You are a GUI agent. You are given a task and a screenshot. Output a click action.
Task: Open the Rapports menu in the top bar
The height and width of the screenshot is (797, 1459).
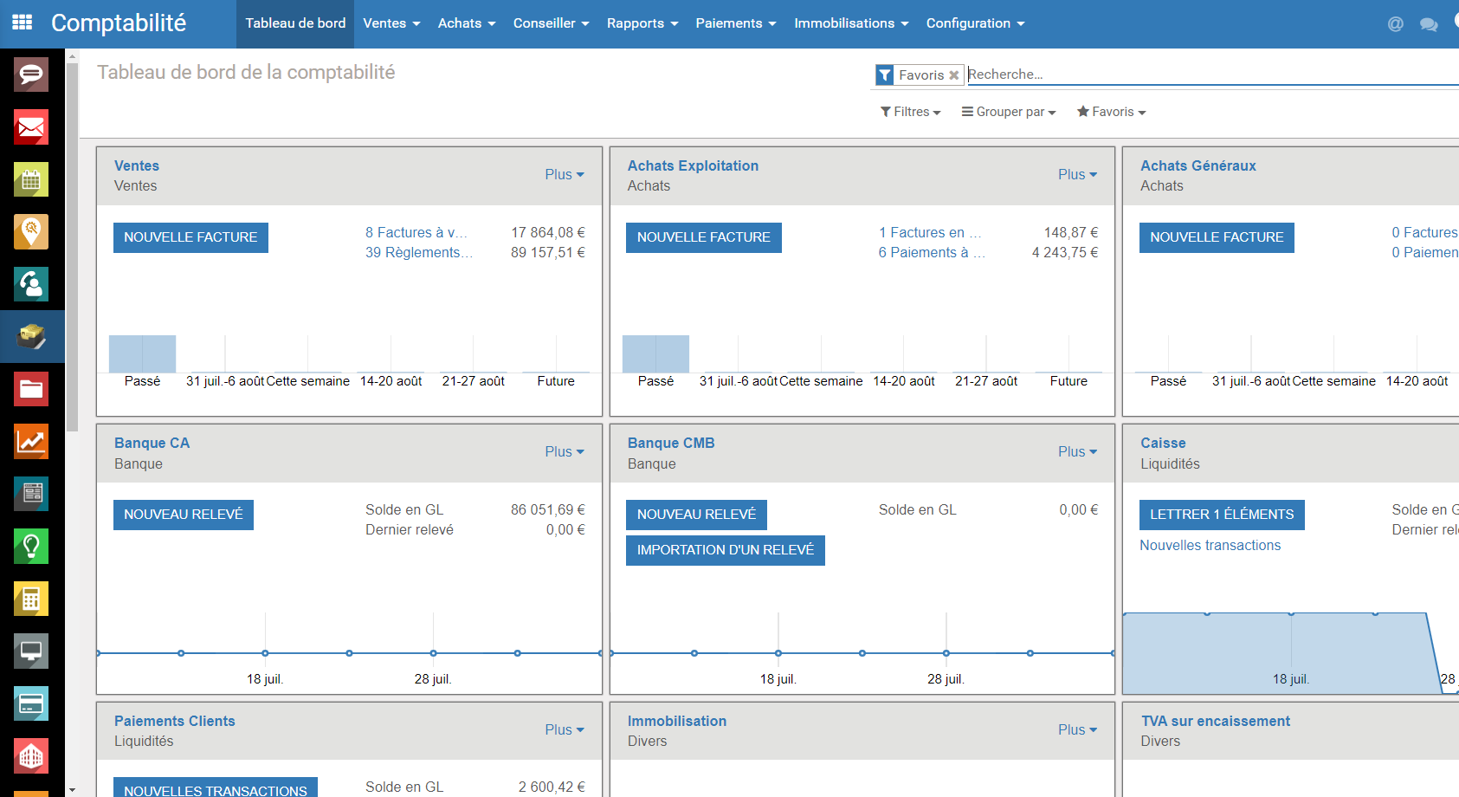coord(642,23)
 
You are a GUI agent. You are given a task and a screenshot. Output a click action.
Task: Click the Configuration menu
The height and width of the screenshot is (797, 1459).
coord(975,23)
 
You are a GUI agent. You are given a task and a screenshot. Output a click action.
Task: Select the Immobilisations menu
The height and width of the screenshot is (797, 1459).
coord(850,23)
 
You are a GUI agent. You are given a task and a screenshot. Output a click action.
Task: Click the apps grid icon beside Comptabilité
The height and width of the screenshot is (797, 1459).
coord(23,23)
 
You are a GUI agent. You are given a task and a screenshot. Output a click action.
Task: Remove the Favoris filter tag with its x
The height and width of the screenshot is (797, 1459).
coord(953,75)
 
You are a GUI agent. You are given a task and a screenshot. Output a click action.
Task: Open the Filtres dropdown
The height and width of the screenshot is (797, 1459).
coord(910,112)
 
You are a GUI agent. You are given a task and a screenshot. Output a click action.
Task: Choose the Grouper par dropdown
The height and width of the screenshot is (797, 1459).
coord(1008,112)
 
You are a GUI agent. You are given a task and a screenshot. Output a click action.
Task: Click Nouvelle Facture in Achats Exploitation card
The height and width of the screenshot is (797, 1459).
coord(703,237)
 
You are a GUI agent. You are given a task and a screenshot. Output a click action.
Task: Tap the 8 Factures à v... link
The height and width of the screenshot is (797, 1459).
coord(416,233)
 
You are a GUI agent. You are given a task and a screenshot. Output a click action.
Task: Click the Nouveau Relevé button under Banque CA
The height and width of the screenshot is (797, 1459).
coord(183,515)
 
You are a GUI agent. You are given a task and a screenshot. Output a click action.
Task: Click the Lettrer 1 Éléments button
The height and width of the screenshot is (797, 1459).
coord(1221,515)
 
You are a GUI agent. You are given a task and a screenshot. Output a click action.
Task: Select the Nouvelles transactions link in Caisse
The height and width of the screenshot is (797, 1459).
coord(1210,546)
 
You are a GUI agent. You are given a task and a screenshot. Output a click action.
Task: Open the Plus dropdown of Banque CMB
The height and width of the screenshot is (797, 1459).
coord(1077,451)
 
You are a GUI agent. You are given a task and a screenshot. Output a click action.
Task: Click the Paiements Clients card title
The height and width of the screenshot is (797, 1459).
coord(175,721)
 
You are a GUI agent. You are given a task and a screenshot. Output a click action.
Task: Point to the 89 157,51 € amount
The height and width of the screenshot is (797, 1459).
coord(548,253)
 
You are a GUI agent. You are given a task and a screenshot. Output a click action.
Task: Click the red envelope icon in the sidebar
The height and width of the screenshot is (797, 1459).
coord(31,126)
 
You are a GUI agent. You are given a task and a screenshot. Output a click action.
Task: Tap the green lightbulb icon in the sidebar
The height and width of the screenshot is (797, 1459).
coord(31,546)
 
